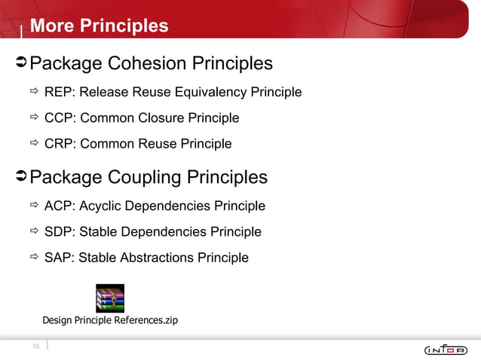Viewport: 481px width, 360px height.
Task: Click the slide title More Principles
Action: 99,26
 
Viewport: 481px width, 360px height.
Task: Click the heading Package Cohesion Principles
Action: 151,63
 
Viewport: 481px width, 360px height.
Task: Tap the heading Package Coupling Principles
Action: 149,177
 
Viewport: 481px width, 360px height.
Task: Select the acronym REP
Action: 59,93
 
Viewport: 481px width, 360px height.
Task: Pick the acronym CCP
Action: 59,118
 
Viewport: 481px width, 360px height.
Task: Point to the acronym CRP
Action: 59,144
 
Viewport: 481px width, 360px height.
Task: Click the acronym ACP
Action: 59,206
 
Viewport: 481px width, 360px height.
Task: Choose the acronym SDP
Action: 59,231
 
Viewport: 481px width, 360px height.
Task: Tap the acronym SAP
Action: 59,258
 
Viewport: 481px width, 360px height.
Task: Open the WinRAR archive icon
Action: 110,298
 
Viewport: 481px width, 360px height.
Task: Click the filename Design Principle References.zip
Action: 110,320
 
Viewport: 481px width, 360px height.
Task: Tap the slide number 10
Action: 35,346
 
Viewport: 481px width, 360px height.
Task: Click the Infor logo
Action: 446,349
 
